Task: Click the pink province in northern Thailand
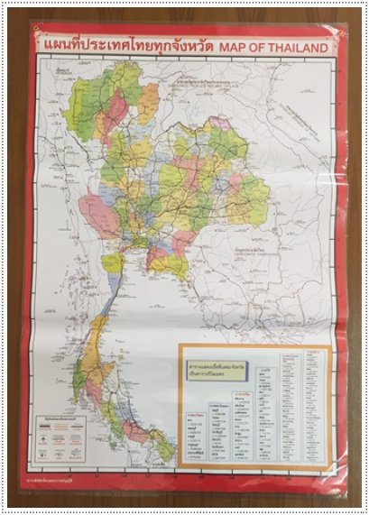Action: (115, 115)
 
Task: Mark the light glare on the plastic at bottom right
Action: (329, 451)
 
